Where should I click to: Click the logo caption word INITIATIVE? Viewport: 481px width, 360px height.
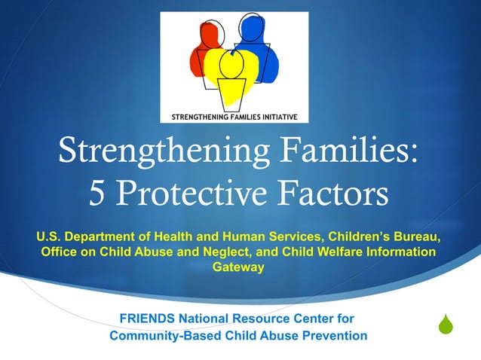point(271,117)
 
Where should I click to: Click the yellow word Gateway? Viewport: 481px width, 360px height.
point(239,267)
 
